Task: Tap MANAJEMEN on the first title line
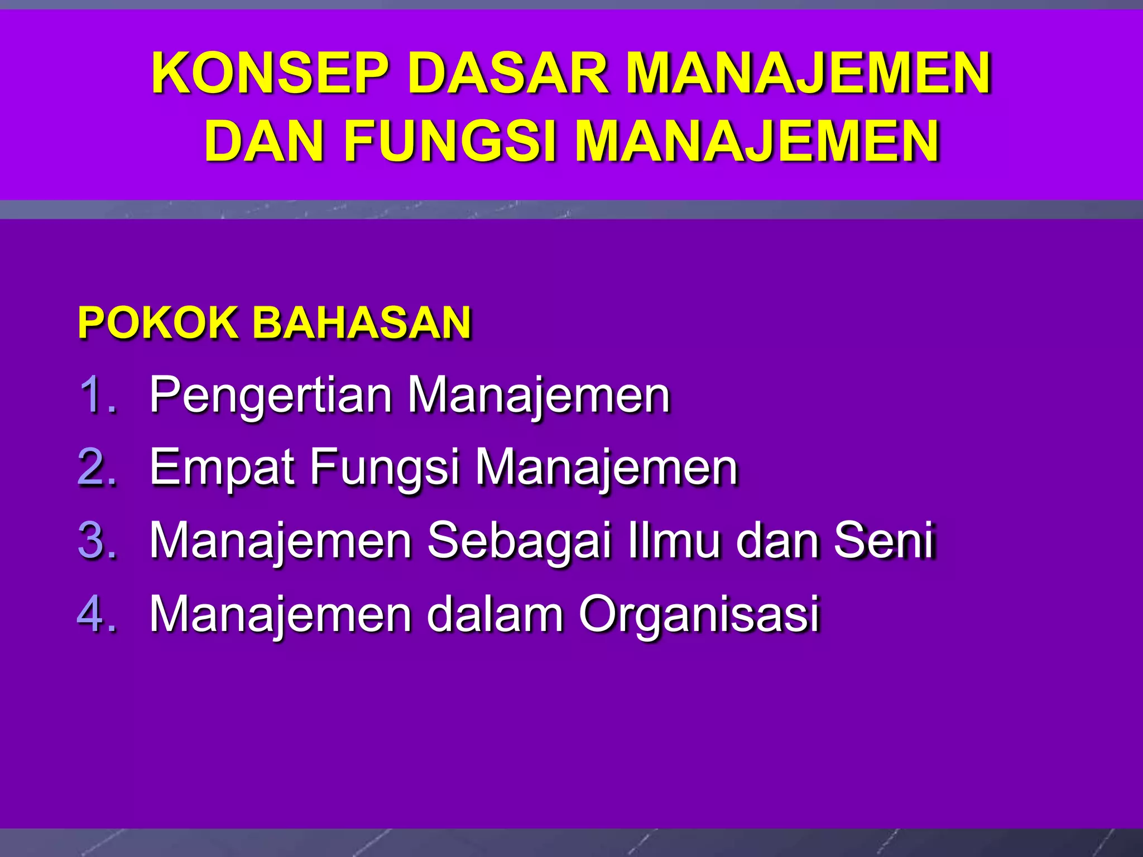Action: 808,73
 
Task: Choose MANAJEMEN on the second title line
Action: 757,141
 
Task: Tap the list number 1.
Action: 98,395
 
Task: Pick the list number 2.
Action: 98,468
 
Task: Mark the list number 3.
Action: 98,540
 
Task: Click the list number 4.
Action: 98,614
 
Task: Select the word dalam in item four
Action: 496,614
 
